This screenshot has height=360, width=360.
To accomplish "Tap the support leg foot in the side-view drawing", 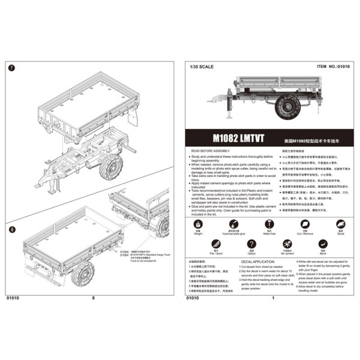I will [229, 119].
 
